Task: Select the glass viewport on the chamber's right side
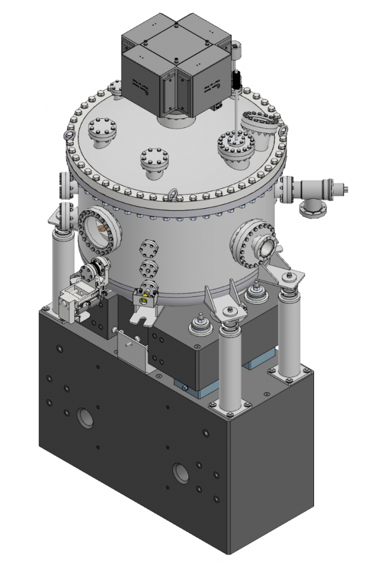pos(266,248)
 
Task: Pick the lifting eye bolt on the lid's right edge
pos(283,131)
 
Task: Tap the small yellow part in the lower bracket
pos(145,300)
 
